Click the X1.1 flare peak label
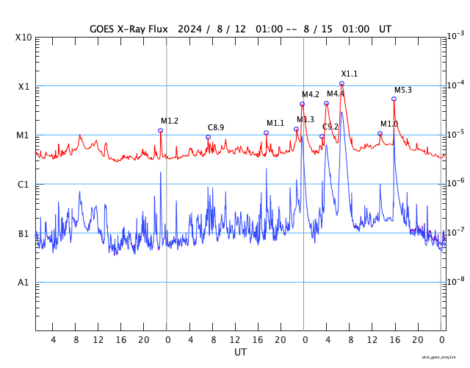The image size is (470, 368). [349, 74]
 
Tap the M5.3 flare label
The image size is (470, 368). [402, 90]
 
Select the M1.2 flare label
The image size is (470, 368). [170, 121]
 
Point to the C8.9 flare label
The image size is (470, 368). [216, 127]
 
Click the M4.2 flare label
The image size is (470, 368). [311, 94]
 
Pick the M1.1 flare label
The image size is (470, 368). [275, 123]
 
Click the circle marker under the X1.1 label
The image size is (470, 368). [341, 84]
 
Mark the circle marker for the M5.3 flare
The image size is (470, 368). [394, 99]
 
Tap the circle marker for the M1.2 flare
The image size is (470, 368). [160, 130]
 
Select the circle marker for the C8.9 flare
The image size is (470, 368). [208, 137]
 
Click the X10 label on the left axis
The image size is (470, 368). [24, 37]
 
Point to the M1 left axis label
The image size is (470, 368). [23, 135]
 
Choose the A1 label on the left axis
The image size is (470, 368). [23, 283]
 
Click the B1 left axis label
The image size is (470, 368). [23, 234]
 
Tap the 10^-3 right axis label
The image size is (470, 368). [455, 35]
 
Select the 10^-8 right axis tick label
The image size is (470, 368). [455, 281]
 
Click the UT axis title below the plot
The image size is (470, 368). [240, 353]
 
